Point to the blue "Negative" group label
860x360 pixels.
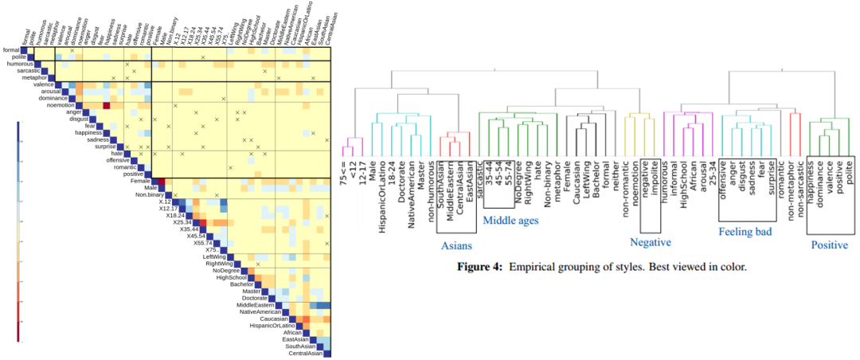(x=651, y=241)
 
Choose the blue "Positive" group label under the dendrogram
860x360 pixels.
(x=829, y=245)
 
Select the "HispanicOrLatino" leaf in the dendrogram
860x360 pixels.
(x=384, y=184)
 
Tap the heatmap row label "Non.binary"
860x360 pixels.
(x=149, y=194)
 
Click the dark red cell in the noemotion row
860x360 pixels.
(x=106, y=105)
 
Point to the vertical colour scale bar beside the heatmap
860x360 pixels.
(x=18, y=231)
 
